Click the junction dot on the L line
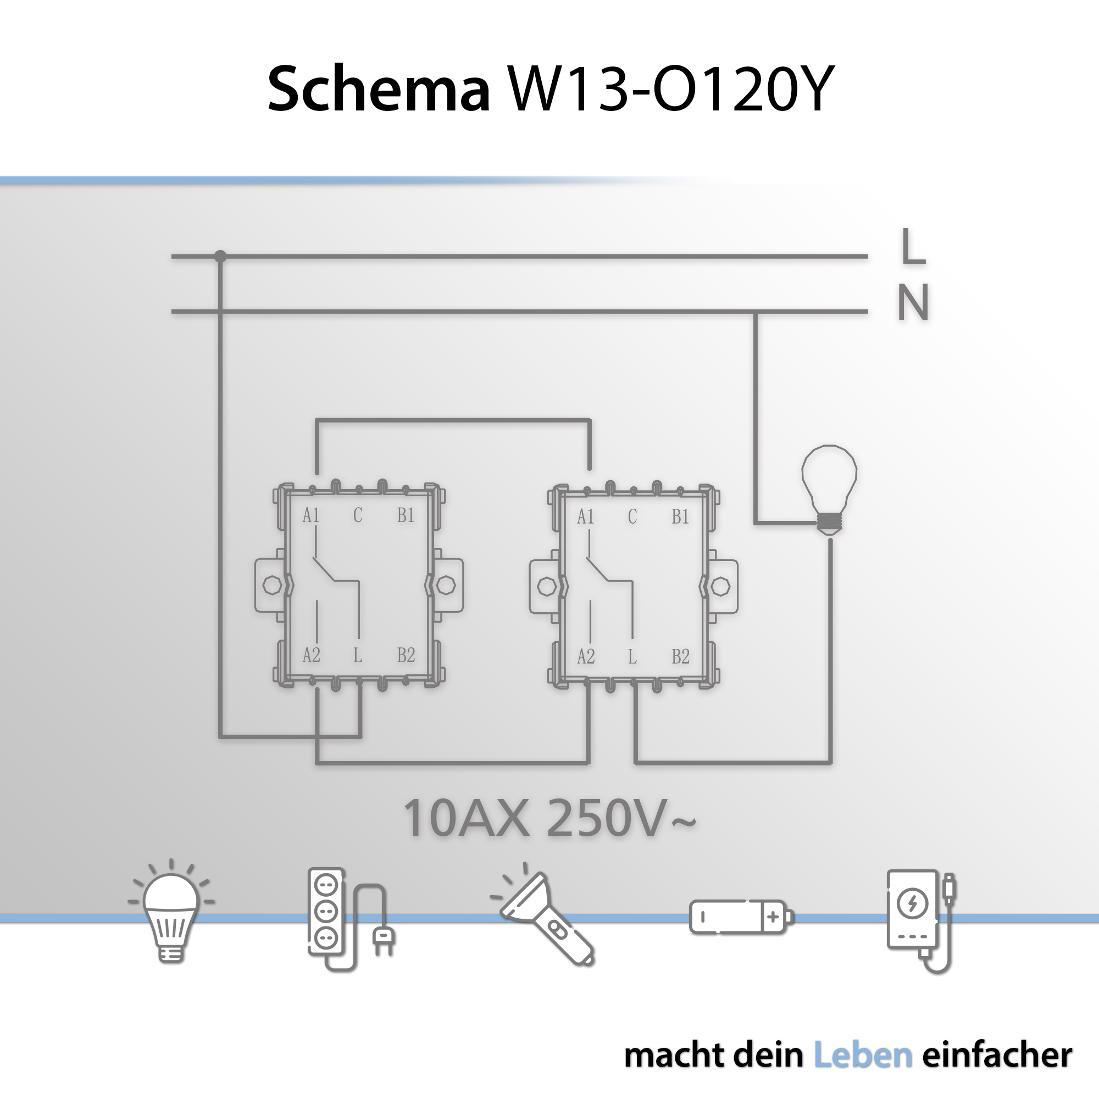click(220, 257)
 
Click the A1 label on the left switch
click(311, 515)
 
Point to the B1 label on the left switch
click(406, 515)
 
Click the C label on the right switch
click(632, 517)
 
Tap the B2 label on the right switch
click(680, 657)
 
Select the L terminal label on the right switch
click(632, 657)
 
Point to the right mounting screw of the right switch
click(721, 586)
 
